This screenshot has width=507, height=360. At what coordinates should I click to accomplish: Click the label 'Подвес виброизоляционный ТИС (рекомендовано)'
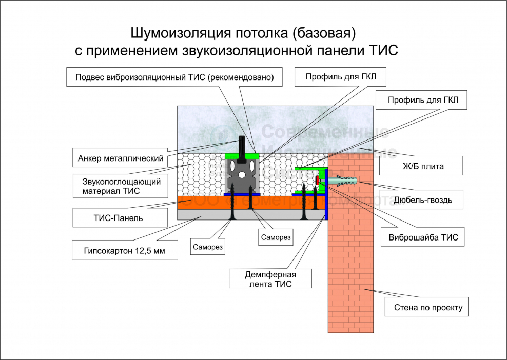175,77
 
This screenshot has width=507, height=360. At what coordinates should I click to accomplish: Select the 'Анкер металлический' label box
121,158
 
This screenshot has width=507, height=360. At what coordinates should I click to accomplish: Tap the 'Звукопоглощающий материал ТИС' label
121,186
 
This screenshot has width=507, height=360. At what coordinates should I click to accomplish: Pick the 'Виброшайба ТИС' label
423,237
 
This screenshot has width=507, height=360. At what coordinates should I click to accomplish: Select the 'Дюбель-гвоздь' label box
423,199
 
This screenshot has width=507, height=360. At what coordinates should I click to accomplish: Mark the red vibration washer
318,180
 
